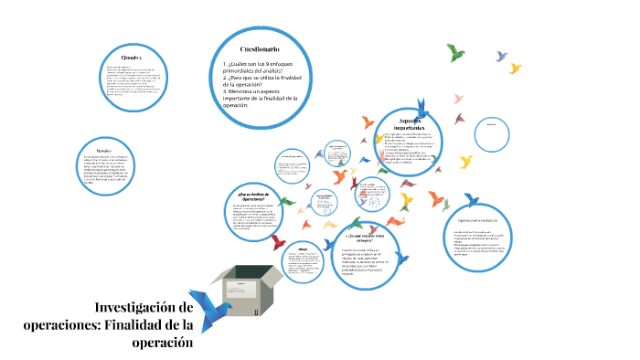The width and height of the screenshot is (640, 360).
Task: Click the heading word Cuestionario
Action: pyautogui.click(x=261, y=48)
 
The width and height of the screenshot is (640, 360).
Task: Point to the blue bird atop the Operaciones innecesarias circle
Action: pyautogui.click(x=472, y=199)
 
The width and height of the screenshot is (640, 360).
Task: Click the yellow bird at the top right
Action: pyautogui.click(x=516, y=68)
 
